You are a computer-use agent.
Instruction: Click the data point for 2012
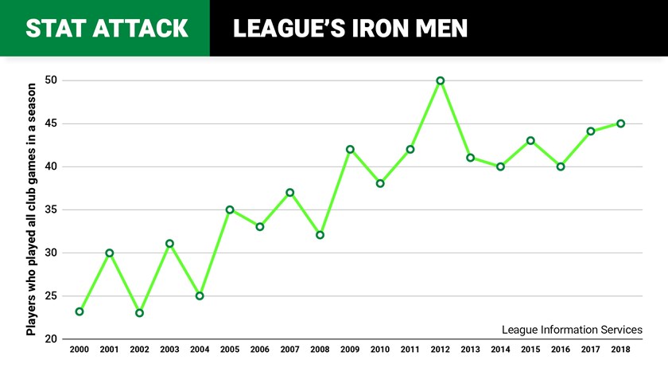pos(440,80)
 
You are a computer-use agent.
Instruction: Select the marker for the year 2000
pos(80,311)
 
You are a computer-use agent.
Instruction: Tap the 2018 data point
pos(620,123)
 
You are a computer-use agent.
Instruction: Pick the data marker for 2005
pos(230,210)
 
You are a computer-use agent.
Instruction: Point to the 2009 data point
pos(350,149)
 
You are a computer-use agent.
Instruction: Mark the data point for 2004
pos(200,296)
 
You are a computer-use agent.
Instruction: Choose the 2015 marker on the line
pos(530,141)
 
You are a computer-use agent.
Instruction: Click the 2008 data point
pos(320,235)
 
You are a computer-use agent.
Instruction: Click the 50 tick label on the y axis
pos(51,80)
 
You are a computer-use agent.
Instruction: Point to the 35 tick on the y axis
pos(51,210)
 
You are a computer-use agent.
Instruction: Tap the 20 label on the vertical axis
pos(51,339)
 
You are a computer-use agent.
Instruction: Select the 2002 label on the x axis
pos(139,350)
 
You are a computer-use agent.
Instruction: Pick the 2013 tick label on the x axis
pos(470,350)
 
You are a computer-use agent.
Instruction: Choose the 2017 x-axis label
pos(590,350)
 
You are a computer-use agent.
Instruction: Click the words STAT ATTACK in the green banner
pos(107,29)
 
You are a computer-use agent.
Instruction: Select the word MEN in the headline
pos(440,29)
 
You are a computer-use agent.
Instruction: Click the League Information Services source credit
pos(572,329)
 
